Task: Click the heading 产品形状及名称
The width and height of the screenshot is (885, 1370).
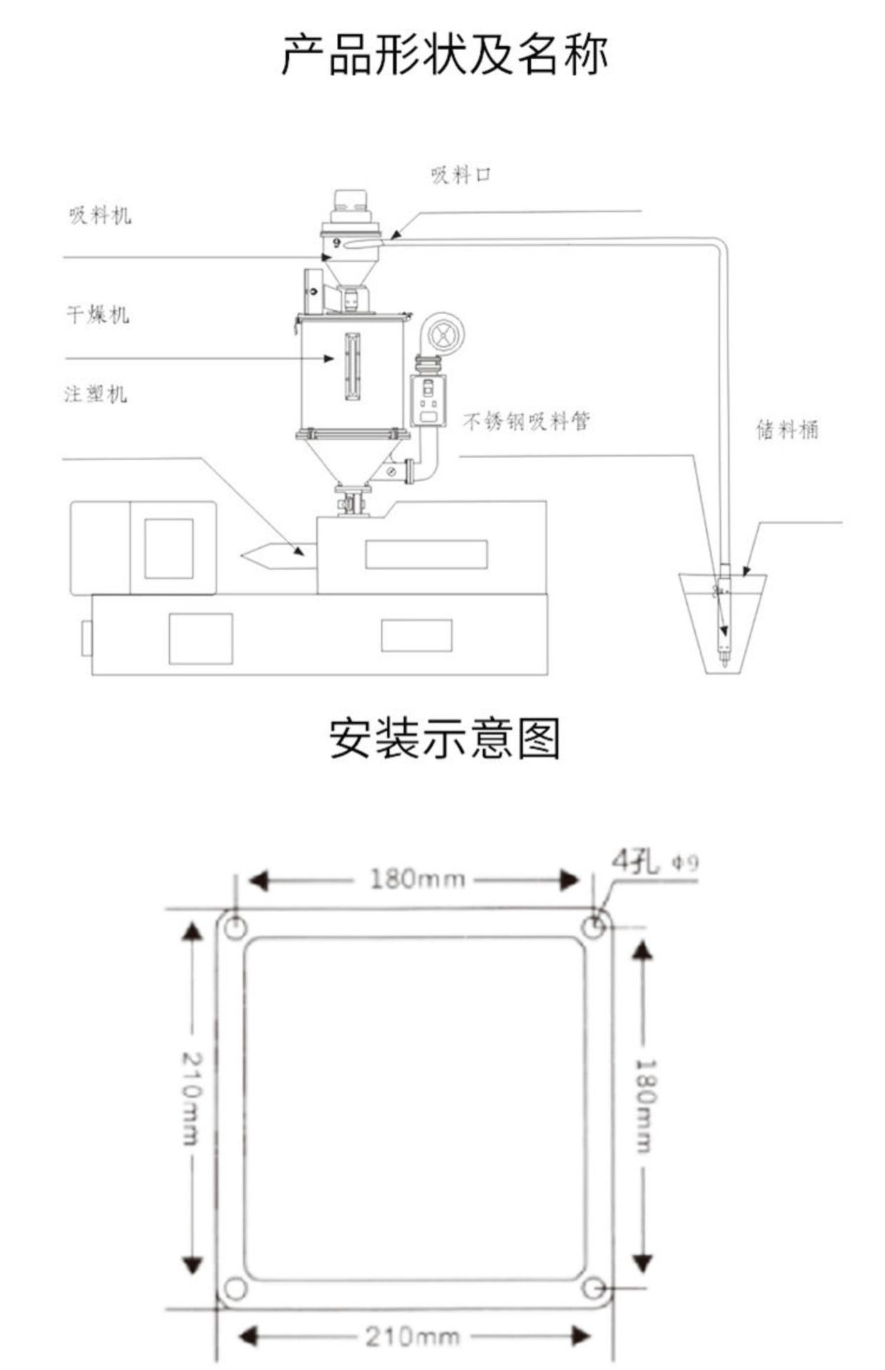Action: [444, 55]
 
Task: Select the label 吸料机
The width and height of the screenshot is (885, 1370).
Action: [100, 215]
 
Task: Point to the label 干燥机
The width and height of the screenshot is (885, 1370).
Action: [98, 314]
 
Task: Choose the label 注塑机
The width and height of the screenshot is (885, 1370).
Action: [96, 393]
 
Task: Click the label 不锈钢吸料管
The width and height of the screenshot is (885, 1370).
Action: [527, 422]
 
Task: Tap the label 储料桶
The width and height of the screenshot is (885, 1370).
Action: [787, 430]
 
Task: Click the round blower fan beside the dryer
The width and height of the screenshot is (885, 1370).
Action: [444, 333]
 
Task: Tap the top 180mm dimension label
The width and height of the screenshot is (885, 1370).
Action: [417, 879]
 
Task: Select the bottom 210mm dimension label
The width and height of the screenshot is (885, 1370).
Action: [413, 1336]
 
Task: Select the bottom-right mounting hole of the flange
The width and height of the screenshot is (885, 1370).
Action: [593, 1289]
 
